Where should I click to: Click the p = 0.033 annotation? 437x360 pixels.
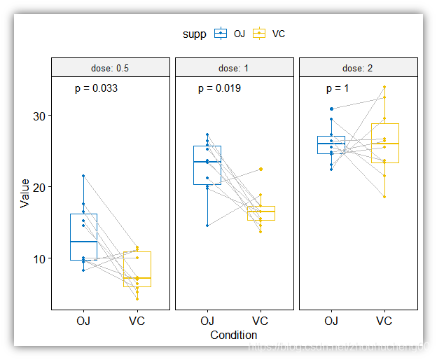(x=96, y=89)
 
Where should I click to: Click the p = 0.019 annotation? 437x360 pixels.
(x=219, y=89)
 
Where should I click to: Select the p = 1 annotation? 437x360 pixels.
(x=337, y=89)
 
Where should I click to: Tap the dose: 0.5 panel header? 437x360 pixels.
(x=110, y=68)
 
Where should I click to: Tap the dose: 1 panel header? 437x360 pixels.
(x=234, y=68)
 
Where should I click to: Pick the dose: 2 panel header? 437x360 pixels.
(x=358, y=68)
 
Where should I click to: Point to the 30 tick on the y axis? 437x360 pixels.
(x=40, y=116)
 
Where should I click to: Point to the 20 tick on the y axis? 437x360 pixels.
(x=40, y=187)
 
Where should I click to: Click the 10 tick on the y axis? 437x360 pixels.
(x=40, y=258)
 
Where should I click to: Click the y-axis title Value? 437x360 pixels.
(x=25, y=193)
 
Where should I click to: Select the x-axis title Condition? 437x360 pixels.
(x=234, y=335)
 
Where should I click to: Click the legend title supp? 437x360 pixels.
(x=194, y=34)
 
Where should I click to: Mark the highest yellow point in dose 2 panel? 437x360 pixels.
(x=384, y=87)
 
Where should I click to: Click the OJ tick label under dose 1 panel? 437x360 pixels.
(x=207, y=321)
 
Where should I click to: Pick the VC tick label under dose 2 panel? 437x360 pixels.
(x=384, y=321)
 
